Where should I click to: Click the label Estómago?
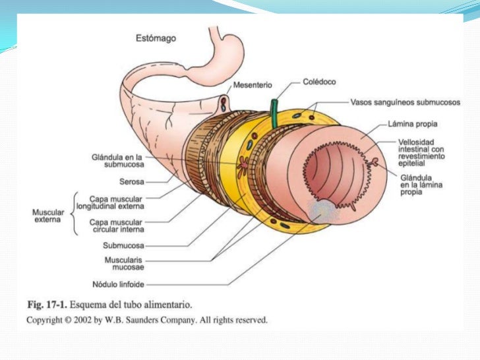[156, 38]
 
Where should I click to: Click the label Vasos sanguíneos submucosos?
[405, 102]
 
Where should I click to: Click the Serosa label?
[132, 181]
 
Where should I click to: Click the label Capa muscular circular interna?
[118, 226]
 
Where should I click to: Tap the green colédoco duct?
[273, 113]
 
